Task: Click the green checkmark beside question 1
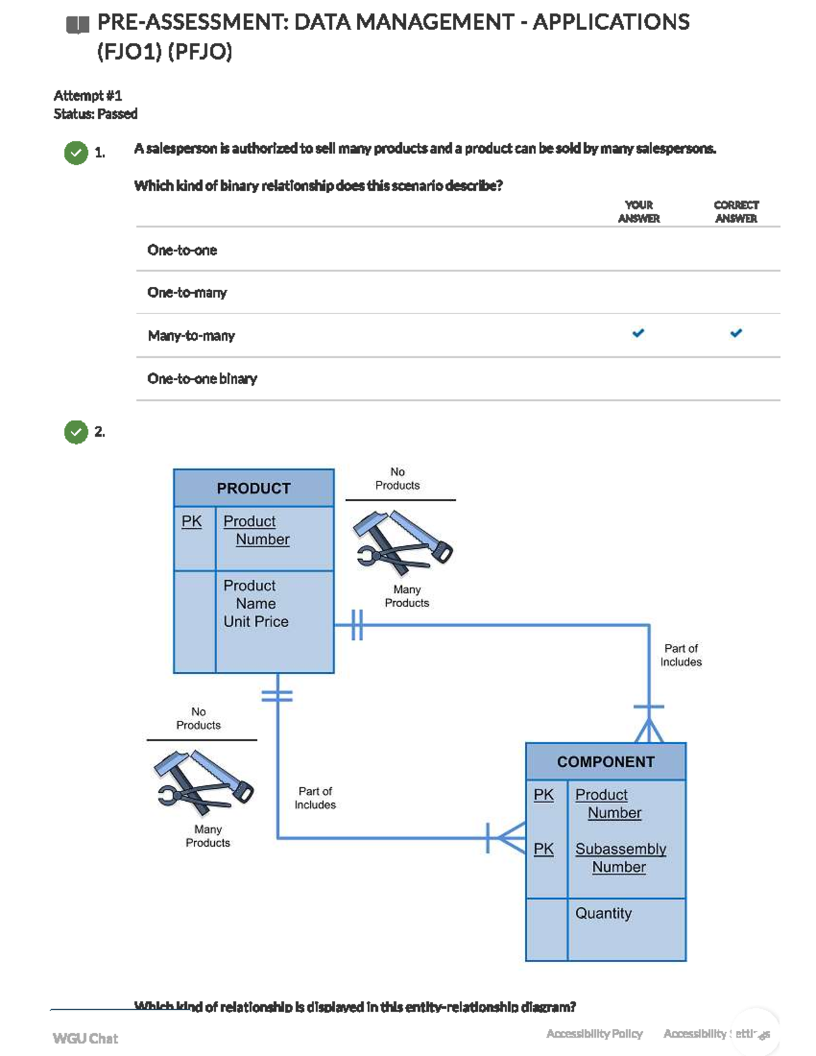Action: [76, 152]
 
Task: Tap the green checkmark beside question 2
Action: [76, 432]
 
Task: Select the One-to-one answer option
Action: [182, 250]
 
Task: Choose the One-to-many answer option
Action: [187, 293]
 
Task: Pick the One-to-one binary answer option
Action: [202, 379]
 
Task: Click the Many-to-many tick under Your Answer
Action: [638, 333]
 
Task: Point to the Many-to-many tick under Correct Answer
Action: [736, 333]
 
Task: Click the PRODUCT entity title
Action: [254, 488]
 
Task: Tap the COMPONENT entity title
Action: [605, 762]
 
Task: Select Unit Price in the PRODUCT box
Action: [256, 621]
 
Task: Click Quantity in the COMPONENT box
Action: [603, 913]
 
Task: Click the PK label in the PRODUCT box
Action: [192, 522]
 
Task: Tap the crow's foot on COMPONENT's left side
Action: [507, 838]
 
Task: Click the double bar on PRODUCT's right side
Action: [357, 625]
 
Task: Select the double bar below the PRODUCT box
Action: [277, 696]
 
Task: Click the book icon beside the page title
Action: [78, 25]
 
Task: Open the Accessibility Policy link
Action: [594, 1034]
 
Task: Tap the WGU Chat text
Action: [85, 1038]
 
